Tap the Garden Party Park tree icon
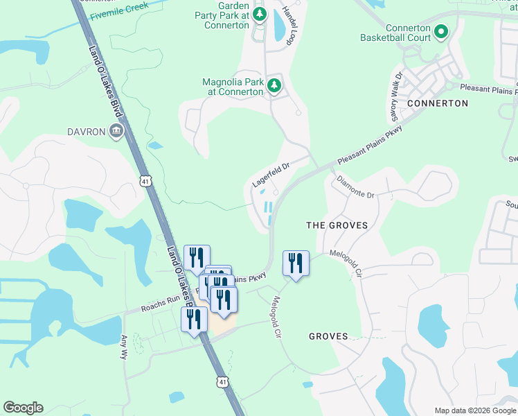(259, 14)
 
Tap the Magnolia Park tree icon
(274, 85)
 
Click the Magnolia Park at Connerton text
(233, 87)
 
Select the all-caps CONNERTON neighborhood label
(438, 103)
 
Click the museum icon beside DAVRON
(116, 131)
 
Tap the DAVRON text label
(86, 132)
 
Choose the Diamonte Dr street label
(355, 187)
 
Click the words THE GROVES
(337, 226)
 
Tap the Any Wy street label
(125, 347)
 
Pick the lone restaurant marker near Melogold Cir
(296, 263)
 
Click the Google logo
(23, 408)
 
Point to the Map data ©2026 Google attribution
(474, 410)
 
